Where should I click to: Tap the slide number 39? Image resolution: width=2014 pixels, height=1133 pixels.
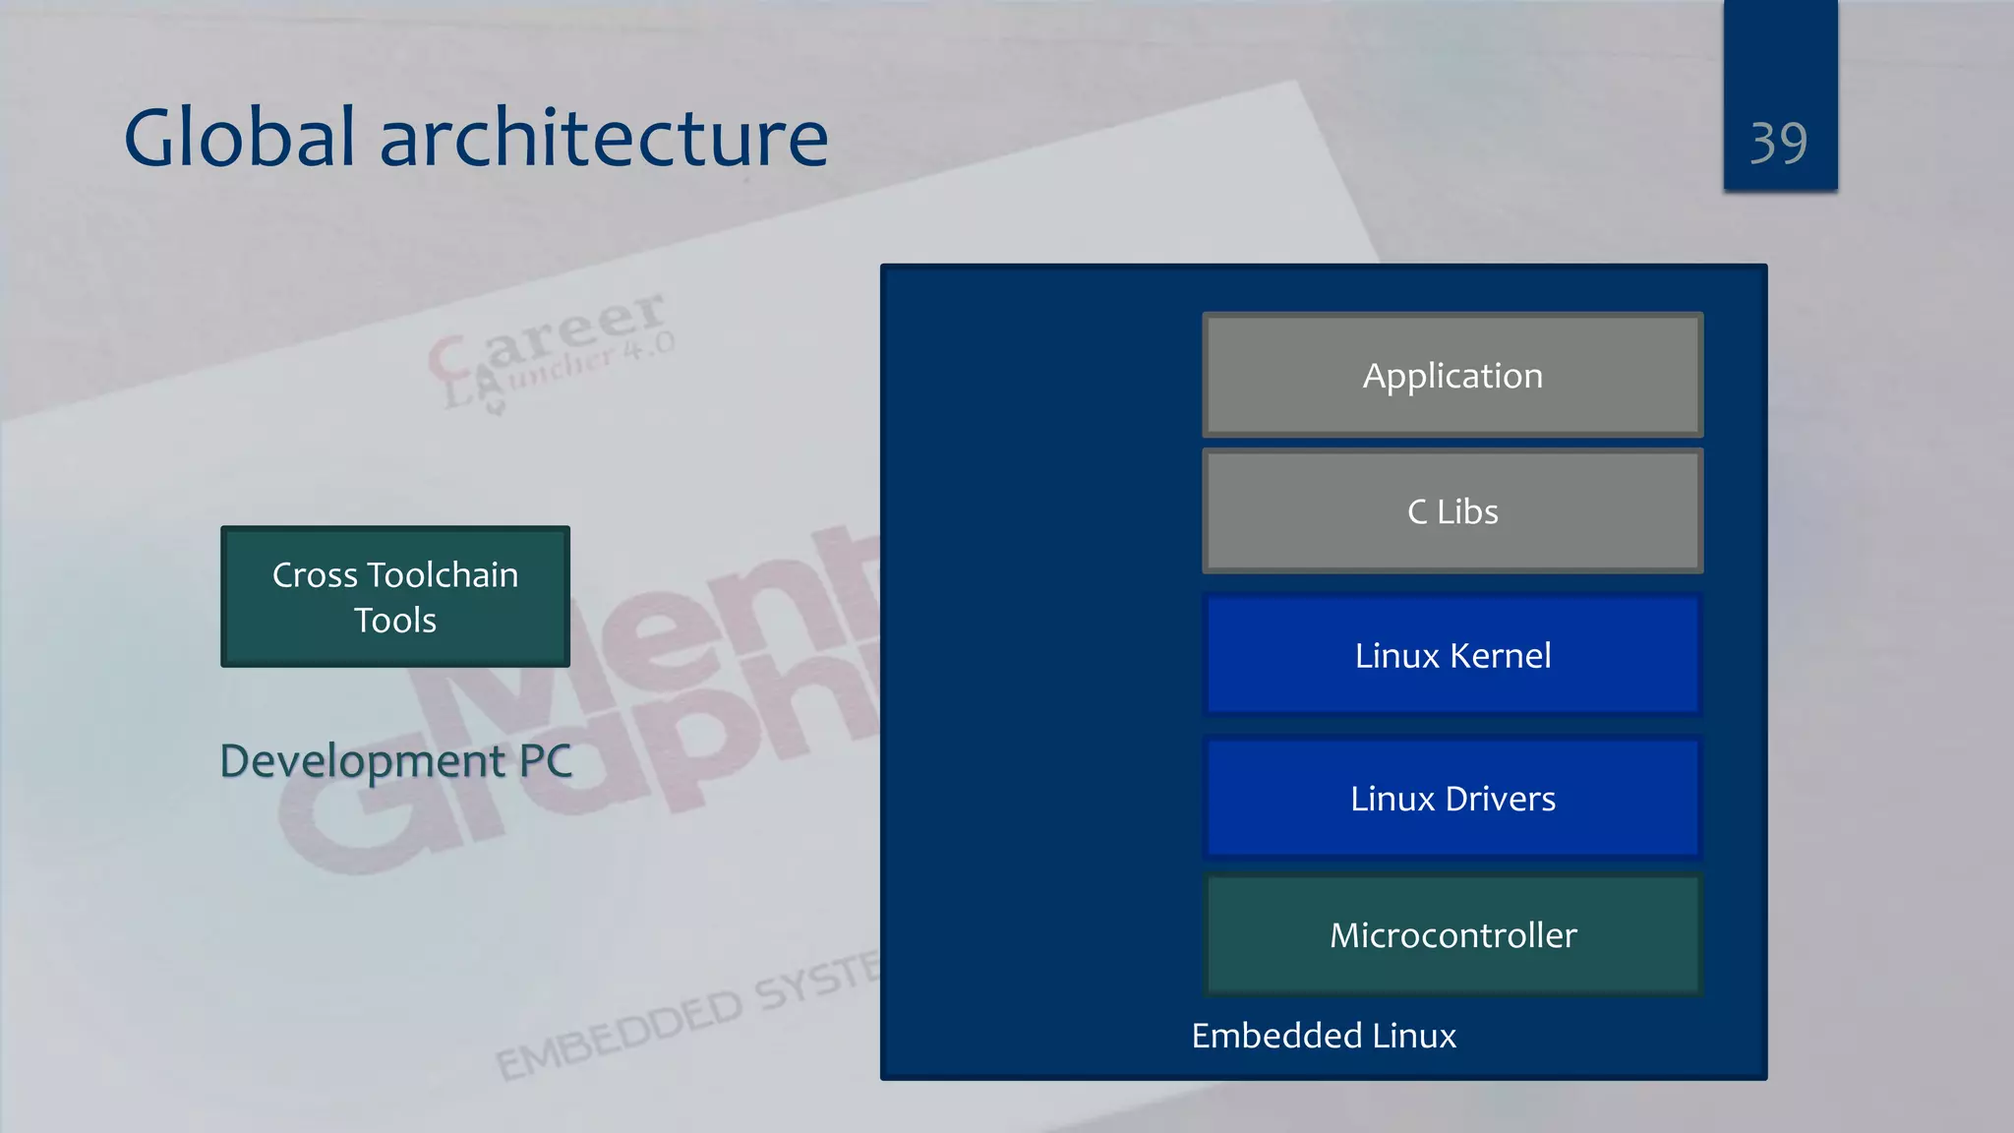click(x=1778, y=144)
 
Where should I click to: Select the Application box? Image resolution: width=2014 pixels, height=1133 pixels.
click(x=1452, y=375)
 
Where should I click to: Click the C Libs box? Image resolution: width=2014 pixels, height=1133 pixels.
click(x=1452, y=511)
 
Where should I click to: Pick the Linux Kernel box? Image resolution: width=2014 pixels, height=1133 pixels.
click(x=1452, y=655)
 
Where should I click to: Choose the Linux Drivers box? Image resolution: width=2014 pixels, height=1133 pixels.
click(x=1452, y=799)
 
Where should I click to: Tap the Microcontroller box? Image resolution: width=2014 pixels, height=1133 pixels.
click(x=1452, y=934)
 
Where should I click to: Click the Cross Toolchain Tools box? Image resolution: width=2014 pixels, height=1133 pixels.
click(x=395, y=597)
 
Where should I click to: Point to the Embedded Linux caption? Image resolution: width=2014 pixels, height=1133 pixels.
click(x=1324, y=1036)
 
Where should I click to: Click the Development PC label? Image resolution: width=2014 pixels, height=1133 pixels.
click(x=395, y=761)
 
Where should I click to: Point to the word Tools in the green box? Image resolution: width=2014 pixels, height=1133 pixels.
click(x=395, y=621)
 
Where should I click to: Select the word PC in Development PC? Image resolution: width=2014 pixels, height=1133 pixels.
click(x=545, y=761)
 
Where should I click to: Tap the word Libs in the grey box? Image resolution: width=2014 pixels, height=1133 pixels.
click(x=1467, y=511)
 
